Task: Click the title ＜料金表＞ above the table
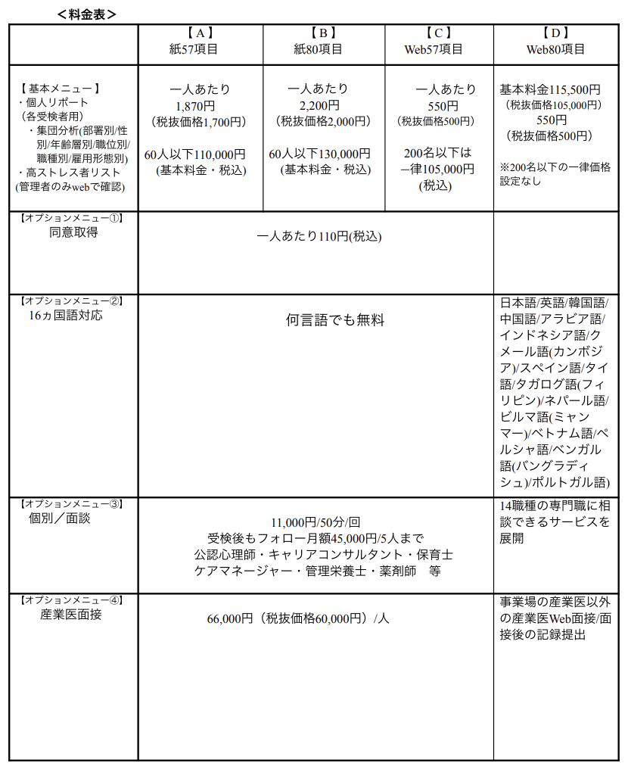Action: point(86,13)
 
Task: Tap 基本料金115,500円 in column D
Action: point(550,89)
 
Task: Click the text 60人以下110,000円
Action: point(195,154)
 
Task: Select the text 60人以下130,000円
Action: point(320,154)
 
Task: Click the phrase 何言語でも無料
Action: point(334,320)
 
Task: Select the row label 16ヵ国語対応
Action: point(65,316)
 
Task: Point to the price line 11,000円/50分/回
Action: point(316,523)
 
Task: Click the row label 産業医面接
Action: point(70,615)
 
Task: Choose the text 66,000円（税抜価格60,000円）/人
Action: point(298,618)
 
